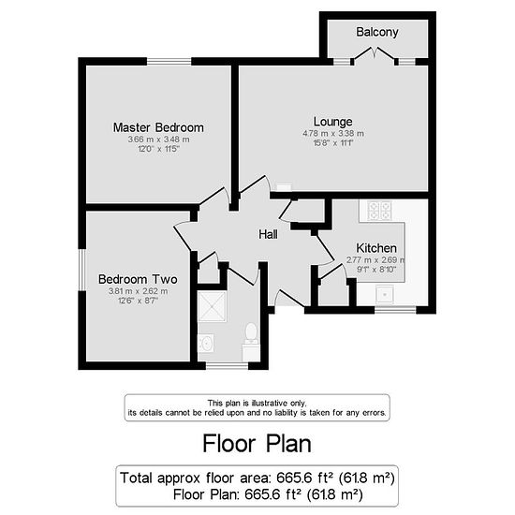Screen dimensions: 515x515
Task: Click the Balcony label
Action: [x=377, y=32]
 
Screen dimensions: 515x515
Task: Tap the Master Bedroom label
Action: [x=158, y=127]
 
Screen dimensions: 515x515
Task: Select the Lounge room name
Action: [x=333, y=122]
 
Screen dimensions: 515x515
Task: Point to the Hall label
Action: [x=268, y=234]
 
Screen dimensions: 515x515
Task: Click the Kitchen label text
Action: [x=376, y=248]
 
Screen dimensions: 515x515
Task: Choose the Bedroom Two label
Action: [x=138, y=279]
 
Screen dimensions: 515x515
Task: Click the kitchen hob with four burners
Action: [x=379, y=211]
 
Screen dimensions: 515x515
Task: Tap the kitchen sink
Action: [x=385, y=294]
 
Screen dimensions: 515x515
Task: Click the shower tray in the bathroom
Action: [x=213, y=306]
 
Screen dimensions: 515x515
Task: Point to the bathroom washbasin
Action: [x=207, y=344]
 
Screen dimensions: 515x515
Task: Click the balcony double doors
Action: [x=375, y=54]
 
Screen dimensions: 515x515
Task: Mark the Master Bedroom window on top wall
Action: [x=169, y=62]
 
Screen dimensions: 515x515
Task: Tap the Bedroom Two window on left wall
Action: [x=82, y=270]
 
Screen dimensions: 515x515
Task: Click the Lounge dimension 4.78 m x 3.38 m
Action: [x=333, y=134]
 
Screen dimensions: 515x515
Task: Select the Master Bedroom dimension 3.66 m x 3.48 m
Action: [x=158, y=140]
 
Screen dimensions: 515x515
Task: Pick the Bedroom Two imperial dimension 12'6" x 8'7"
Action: [x=138, y=301]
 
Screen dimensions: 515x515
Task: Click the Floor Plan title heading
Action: [x=257, y=444]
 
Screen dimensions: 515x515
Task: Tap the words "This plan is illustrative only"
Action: [x=257, y=403]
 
